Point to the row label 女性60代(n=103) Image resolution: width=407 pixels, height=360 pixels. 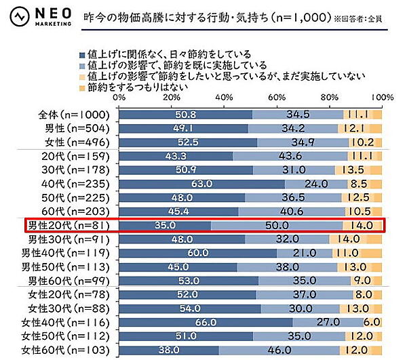[67, 351]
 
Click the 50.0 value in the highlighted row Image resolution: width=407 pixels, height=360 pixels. [277, 225]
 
